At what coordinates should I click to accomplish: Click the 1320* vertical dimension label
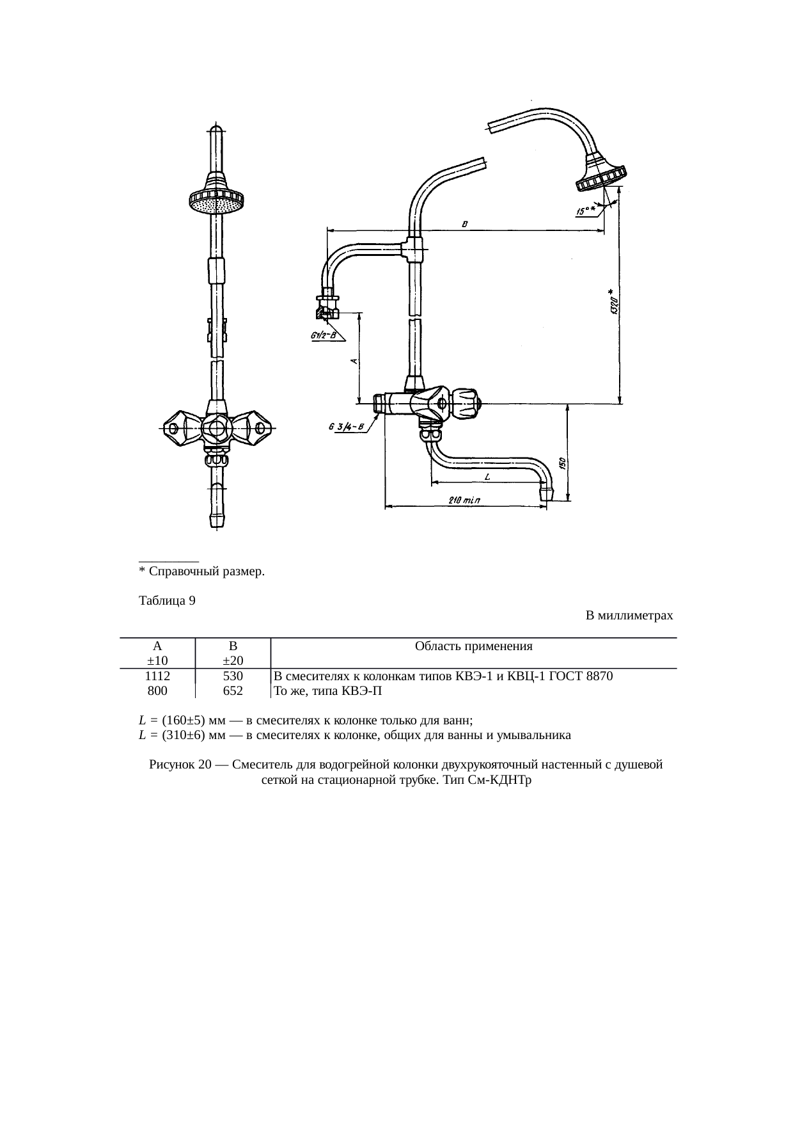point(614,300)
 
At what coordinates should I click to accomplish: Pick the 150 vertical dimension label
point(561,463)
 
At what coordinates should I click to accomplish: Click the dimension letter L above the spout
point(487,476)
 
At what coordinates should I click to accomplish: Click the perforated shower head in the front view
point(217,203)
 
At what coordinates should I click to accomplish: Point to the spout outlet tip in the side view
point(547,494)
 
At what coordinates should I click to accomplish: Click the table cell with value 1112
point(157,676)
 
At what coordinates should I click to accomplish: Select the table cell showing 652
point(233,691)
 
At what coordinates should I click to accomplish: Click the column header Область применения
point(473,646)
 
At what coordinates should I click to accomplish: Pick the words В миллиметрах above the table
point(629,616)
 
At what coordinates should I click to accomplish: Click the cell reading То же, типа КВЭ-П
point(327,691)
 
